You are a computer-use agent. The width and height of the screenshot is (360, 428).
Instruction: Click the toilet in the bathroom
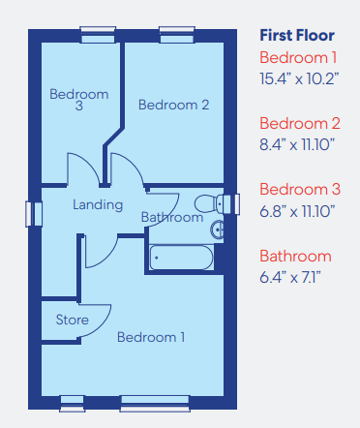click(209, 203)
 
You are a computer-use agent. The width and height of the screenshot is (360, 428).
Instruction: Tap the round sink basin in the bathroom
click(217, 229)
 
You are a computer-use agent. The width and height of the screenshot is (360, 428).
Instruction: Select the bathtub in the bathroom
click(181, 258)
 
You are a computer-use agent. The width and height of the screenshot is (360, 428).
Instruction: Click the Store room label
click(73, 320)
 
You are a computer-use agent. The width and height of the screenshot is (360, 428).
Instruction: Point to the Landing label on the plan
click(98, 205)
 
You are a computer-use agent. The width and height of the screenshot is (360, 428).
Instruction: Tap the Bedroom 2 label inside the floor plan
click(173, 105)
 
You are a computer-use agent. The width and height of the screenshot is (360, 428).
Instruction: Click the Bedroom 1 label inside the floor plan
click(151, 337)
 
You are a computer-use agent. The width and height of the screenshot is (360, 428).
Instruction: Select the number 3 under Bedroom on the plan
click(79, 106)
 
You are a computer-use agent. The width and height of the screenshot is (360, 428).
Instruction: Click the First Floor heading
click(297, 35)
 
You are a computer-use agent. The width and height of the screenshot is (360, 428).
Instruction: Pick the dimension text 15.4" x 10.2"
click(299, 78)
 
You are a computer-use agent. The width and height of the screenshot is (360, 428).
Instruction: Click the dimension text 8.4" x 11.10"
click(297, 144)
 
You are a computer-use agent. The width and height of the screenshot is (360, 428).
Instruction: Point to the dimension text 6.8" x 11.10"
click(297, 211)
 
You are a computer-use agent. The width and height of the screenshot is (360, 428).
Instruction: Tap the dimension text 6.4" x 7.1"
click(290, 277)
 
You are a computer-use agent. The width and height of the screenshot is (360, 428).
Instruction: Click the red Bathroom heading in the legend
click(295, 257)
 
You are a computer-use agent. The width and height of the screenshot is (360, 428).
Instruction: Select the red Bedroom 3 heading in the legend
click(300, 190)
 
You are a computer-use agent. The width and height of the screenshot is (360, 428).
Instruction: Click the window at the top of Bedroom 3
click(98, 35)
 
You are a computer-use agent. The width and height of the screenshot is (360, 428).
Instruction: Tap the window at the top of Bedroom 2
click(177, 35)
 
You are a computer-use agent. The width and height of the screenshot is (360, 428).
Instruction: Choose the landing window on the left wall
click(34, 214)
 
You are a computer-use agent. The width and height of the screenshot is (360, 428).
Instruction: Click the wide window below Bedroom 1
click(155, 404)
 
